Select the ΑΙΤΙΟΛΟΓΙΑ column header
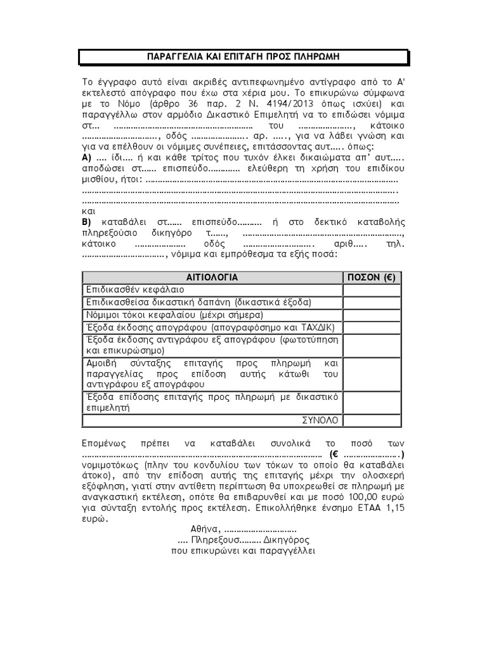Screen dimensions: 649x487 coord(212,277)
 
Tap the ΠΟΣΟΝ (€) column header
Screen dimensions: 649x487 coord(372,277)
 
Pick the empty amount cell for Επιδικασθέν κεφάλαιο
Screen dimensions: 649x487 coord(372,289)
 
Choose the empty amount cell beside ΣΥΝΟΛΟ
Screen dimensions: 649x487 coord(372,420)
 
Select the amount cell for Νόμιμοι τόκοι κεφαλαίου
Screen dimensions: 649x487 coord(372,314)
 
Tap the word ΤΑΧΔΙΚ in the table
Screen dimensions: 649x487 coord(323,327)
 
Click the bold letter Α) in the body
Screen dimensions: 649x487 coord(88,157)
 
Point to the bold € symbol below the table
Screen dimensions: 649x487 coord(334,454)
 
